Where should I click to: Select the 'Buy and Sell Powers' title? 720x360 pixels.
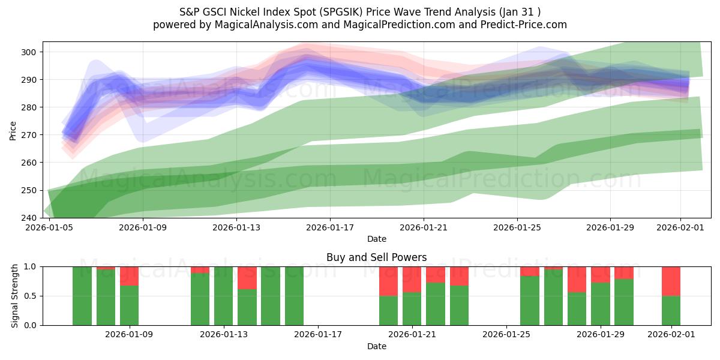coord(376,257)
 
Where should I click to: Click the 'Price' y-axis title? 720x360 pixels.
coord(13,130)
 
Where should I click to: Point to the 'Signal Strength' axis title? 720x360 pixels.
coord(15,296)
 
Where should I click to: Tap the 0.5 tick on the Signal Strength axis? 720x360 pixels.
coord(31,296)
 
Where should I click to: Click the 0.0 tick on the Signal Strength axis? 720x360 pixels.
coord(31,325)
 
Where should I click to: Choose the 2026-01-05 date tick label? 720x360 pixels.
coord(50,228)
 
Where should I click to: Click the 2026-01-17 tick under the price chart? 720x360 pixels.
coord(329,228)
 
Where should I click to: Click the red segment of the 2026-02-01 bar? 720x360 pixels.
coord(671,281)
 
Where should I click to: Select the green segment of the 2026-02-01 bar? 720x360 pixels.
coord(671,310)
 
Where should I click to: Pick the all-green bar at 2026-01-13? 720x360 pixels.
coord(223,296)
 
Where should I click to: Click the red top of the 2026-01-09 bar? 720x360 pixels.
coord(129,276)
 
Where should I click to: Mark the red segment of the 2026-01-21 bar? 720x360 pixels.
coord(412,280)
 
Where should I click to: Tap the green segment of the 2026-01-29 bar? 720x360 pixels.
coord(600,304)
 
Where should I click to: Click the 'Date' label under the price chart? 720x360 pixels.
coord(376,239)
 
